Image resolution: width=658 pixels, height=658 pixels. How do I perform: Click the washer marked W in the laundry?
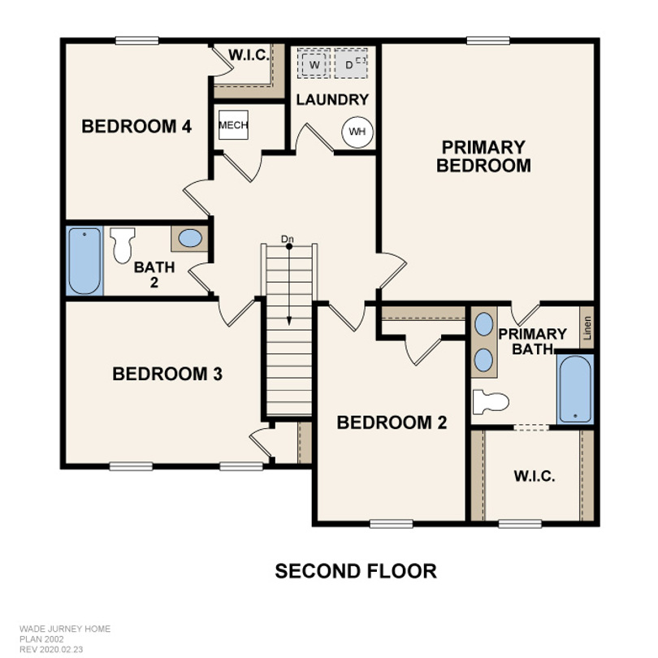click(314, 63)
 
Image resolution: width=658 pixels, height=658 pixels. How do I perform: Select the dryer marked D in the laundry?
click(351, 63)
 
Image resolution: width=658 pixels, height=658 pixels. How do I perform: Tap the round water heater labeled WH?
click(357, 132)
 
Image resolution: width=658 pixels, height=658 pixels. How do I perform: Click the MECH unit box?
click(233, 125)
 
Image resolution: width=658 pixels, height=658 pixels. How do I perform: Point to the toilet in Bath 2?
click(122, 245)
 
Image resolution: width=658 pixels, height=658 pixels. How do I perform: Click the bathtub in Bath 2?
click(84, 261)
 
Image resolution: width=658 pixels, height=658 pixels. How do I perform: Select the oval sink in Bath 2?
click(190, 238)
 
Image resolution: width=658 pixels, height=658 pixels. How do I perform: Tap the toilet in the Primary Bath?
click(491, 402)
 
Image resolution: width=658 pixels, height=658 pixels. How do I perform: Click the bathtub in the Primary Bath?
click(575, 389)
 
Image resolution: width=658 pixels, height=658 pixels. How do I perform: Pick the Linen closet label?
click(587, 327)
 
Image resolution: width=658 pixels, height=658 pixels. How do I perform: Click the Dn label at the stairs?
click(288, 239)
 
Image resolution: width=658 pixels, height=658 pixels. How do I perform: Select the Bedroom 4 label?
click(136, 126)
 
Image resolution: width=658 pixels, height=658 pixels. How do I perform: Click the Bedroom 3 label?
click(167, 374)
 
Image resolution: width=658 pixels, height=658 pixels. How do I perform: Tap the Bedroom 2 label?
click(392, 422)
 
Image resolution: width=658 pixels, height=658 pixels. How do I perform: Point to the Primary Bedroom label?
click(483, 157)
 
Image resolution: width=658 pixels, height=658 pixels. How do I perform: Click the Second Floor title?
click(356, 571)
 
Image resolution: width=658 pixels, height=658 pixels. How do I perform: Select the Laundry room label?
click(332, 100)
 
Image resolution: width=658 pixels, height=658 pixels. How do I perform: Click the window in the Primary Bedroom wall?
click(488, 41)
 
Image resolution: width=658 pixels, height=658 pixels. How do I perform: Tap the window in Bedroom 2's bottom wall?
click(392, 523)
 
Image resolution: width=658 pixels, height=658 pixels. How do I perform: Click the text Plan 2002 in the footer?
click(41, 639)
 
